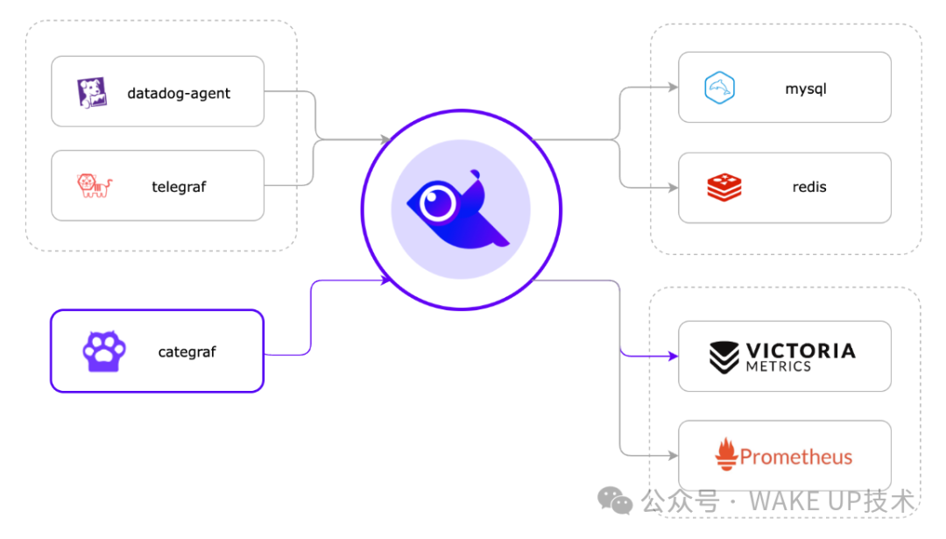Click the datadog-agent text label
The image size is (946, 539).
[179, 93]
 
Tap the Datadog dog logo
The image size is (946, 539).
[92, 92]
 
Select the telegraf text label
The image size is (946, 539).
[179, 186]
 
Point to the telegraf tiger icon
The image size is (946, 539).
[94, 185]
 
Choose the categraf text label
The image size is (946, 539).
[187, 352]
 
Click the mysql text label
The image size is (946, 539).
[806, 89]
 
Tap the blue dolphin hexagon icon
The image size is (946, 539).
[719, 88]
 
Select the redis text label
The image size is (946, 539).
[808, 187]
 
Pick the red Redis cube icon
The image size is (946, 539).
[724, 187]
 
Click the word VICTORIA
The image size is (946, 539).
[800, 351]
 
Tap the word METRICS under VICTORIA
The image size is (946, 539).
[778, 366]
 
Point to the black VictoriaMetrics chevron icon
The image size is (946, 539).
[724, 357]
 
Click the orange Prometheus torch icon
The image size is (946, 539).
[725, 456]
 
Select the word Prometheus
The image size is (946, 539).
[795, 457]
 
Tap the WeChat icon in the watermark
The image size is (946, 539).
[615, 500]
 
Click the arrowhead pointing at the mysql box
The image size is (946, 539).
[673, 88]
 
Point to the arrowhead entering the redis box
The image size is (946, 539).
[673, 187]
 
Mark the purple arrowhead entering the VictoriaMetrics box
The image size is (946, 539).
[673, 356]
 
